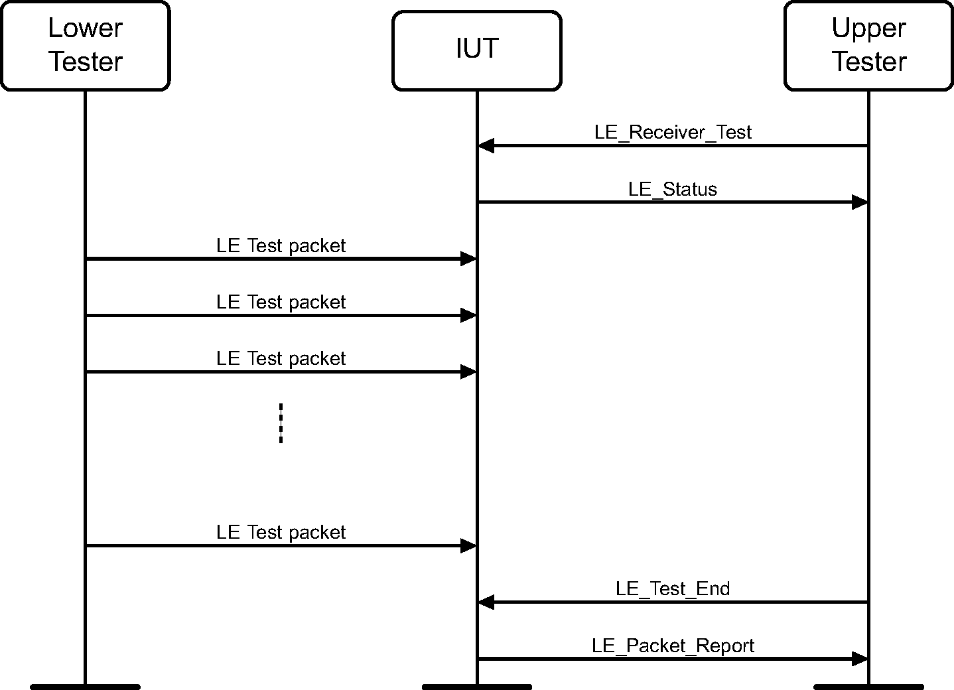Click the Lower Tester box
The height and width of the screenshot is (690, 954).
(85, 46)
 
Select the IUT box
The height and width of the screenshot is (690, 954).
(476, 50)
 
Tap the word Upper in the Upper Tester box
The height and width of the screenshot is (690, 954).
(868, 29)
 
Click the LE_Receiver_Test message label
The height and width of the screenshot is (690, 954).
(673, 132)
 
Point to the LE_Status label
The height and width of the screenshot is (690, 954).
(673, 189)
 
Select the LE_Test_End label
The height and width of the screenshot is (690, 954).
(673, 588)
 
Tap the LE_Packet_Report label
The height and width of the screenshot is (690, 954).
(673, 646)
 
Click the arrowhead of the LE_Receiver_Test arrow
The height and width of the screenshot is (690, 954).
(486, 146)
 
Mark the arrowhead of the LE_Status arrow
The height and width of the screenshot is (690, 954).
(859, 202)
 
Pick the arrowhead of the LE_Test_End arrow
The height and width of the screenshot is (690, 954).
(486, 602)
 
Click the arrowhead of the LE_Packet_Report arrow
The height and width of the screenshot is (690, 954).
(859, 659)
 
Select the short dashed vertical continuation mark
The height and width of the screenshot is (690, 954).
(281, 423)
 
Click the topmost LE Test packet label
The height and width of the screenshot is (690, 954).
(281, 245)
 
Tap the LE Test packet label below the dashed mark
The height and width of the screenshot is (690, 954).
(281, 532)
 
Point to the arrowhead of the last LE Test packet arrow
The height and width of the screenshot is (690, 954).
(468, 546)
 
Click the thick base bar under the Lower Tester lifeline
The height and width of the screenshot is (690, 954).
(85, 686)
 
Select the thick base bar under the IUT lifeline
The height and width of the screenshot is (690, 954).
(476, 686)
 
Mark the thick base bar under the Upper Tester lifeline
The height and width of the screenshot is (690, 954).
(868, 686)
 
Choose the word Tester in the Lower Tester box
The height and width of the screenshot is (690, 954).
(86, 62)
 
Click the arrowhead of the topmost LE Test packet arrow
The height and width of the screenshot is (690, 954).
(468, 259)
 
